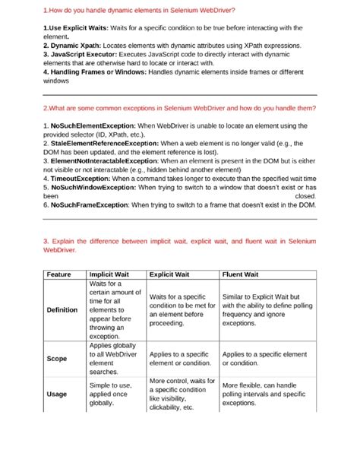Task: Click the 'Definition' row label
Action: [x=62, y=310]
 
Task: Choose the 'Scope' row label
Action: [x=57, y=358]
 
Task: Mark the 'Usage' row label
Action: [x=57, y=394]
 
